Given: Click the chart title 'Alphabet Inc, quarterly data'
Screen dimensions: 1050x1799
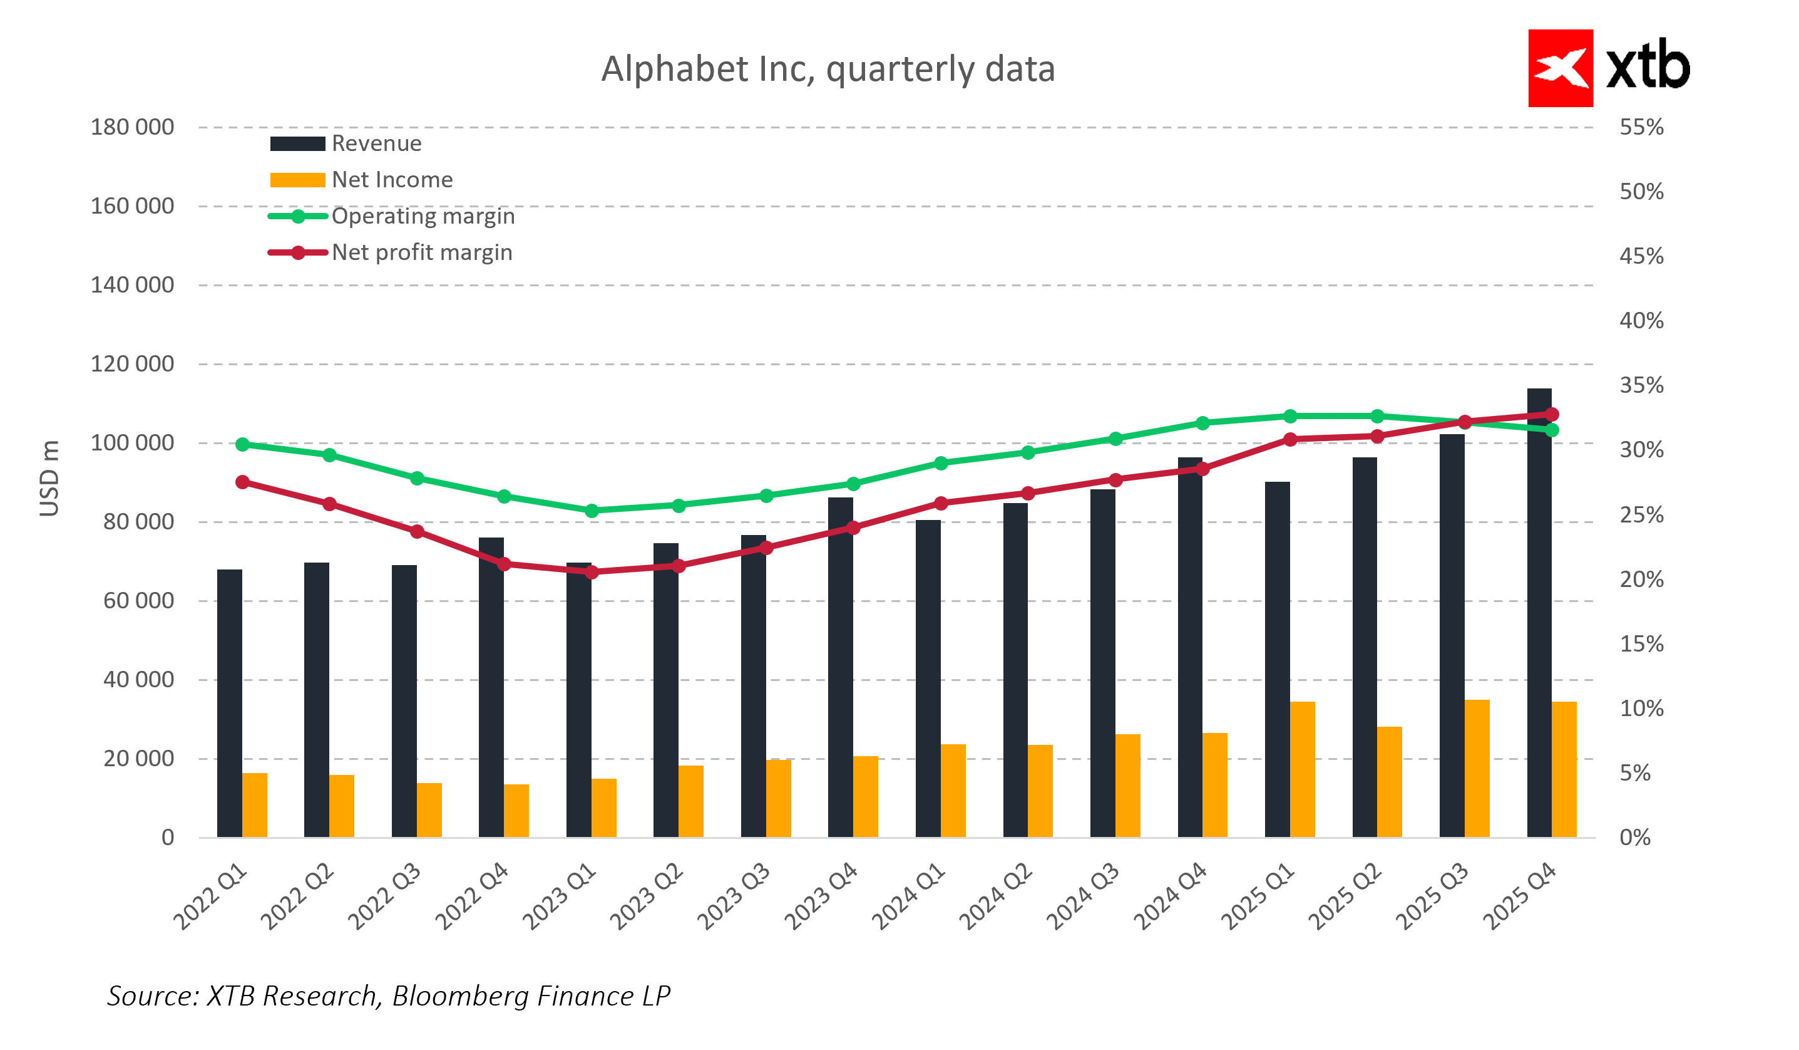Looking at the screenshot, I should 828,70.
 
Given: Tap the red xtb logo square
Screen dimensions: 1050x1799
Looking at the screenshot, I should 1559,68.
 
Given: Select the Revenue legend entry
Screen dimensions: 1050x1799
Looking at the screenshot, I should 376,143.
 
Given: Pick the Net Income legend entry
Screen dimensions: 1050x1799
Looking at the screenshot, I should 391,180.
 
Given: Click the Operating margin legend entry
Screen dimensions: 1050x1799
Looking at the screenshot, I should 422,216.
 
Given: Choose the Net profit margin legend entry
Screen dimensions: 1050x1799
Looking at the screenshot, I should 421,253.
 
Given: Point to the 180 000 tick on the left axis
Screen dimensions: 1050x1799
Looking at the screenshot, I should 132,127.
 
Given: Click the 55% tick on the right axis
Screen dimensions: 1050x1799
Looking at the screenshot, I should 1641,127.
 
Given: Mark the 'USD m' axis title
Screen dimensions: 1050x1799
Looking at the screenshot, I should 49,478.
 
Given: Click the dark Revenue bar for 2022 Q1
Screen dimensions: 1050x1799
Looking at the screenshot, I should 229,703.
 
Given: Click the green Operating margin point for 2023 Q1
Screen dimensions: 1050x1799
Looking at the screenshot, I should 591,511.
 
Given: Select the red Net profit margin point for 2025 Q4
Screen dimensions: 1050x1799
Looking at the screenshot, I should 1551,414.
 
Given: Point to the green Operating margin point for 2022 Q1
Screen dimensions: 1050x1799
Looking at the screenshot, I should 242,444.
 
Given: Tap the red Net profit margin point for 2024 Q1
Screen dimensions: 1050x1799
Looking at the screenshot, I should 941,504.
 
